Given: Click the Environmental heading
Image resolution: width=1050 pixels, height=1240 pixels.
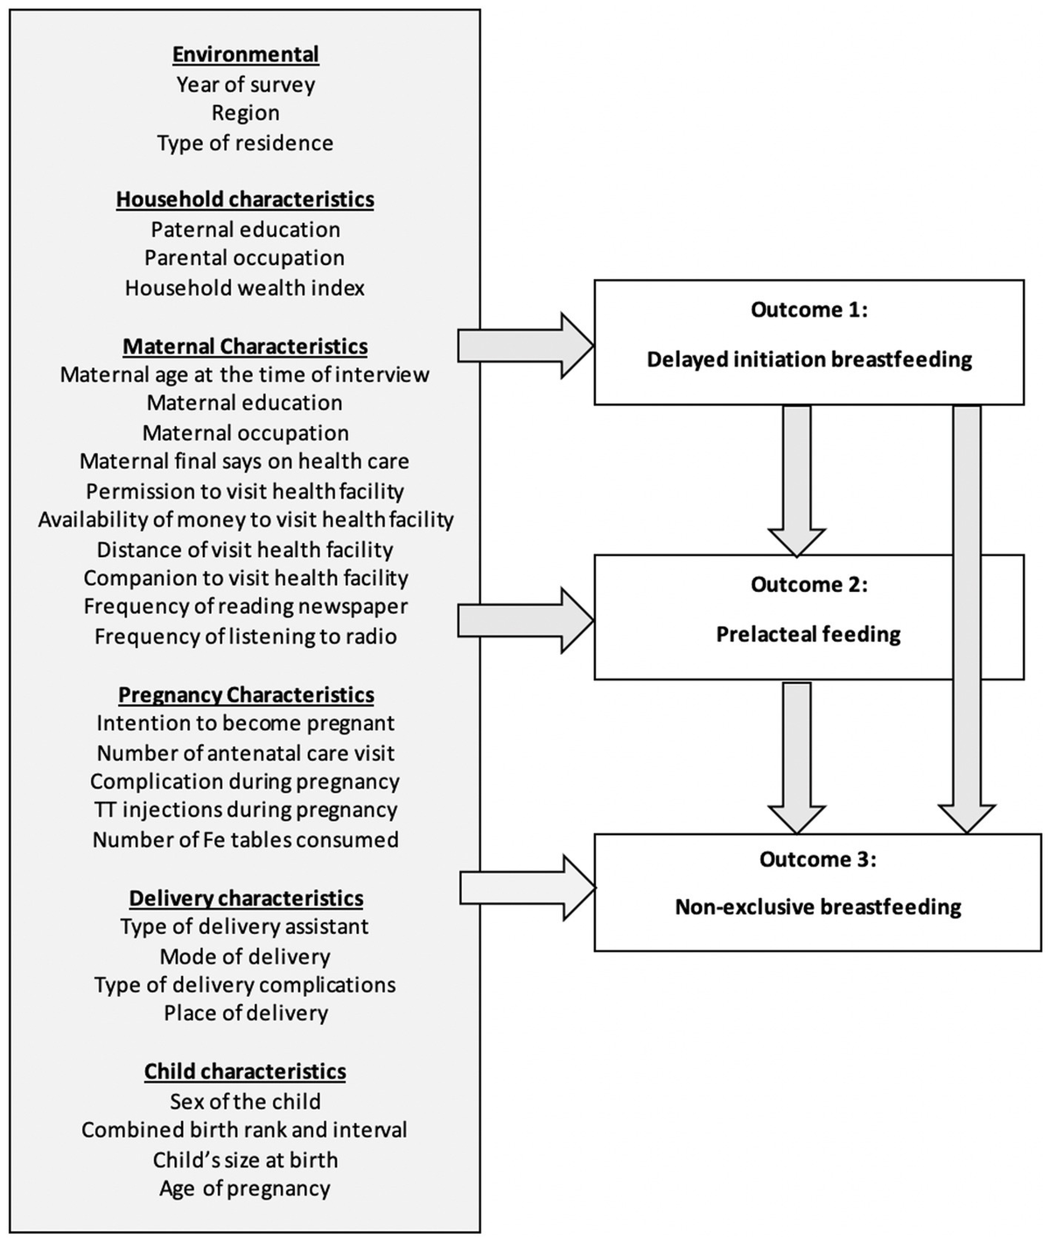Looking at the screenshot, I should click(245, 54).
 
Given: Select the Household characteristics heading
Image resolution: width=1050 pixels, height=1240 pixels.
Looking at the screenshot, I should click(245, 199).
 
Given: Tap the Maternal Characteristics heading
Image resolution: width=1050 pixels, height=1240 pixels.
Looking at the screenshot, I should click(245, 346).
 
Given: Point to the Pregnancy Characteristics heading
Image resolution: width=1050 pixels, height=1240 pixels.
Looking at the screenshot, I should click(246, 695).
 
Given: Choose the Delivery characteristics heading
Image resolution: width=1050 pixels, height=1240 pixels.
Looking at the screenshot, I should click(246, 898).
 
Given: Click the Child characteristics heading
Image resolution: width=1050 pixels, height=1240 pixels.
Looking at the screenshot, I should click(245, 1071).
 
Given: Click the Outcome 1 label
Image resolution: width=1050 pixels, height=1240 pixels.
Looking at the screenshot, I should click(808, 310).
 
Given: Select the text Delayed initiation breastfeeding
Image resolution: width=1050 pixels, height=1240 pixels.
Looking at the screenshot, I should click(808, 359).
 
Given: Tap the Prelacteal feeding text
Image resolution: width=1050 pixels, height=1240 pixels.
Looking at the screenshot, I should click(808, 634).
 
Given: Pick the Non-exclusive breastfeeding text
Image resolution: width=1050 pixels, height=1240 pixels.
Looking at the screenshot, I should click(817, 907).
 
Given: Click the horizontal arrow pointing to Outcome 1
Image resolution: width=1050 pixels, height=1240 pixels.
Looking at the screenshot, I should click(525, 345).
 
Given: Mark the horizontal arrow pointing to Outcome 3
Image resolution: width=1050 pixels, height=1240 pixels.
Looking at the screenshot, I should click(525, 888).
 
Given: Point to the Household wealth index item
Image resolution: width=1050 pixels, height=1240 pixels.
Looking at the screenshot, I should click(245, 288).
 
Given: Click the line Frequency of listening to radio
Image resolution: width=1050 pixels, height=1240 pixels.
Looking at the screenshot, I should click(245, 637).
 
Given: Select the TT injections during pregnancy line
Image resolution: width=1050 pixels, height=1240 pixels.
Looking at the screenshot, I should click(245, 810).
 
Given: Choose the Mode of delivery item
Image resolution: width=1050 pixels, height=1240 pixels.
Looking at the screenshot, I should click(245, 957).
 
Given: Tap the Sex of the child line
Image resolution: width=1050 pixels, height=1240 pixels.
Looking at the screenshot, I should click(245, 1102).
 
